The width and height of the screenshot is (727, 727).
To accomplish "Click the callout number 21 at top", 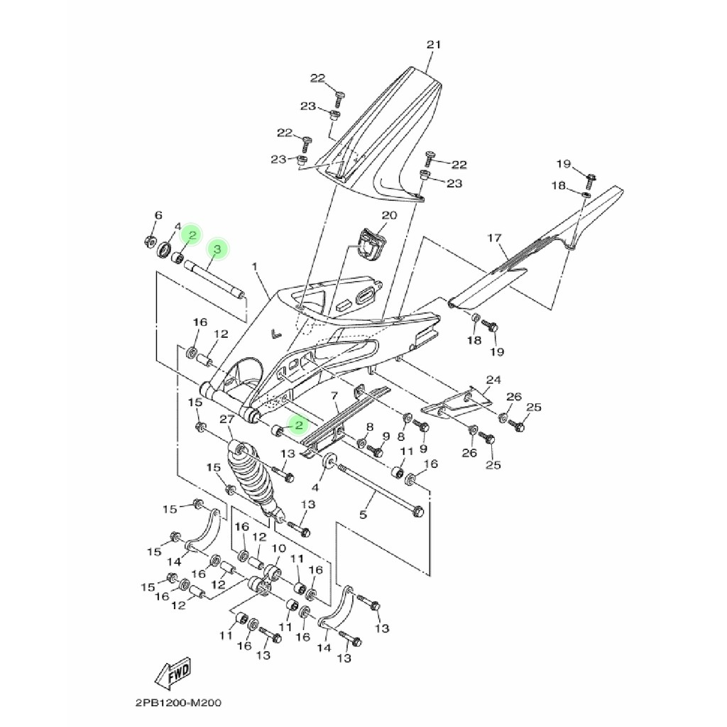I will tap(434, 45).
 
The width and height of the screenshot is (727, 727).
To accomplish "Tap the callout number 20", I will tap(389, 215).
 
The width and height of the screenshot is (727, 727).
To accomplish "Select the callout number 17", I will tap(494, 238).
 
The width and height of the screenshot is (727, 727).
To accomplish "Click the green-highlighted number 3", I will tap(218, 248).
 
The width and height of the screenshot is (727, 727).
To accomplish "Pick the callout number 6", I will tap(158, 215).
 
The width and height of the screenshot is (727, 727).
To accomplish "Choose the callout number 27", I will tap(227, 420).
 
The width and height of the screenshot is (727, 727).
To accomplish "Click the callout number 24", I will tap(493, 380).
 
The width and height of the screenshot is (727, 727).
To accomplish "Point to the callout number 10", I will tap(278, 549).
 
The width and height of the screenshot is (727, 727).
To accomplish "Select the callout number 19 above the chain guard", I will tap(563, 164).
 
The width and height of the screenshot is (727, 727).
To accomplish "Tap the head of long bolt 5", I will tap(419, 510).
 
